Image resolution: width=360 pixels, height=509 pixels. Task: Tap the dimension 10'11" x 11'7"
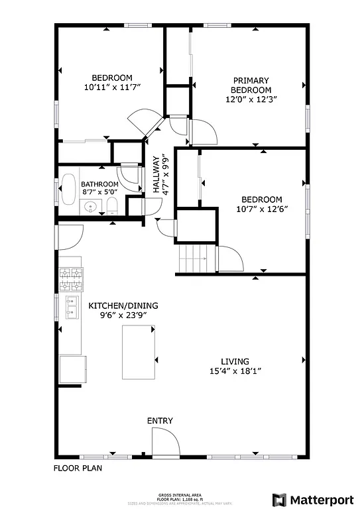112,87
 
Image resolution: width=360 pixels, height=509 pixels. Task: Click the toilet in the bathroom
112,205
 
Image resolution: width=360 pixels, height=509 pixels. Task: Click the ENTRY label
160,421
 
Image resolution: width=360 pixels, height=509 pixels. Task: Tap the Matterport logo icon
280,498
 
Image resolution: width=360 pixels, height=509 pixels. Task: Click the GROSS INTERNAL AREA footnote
179,494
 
